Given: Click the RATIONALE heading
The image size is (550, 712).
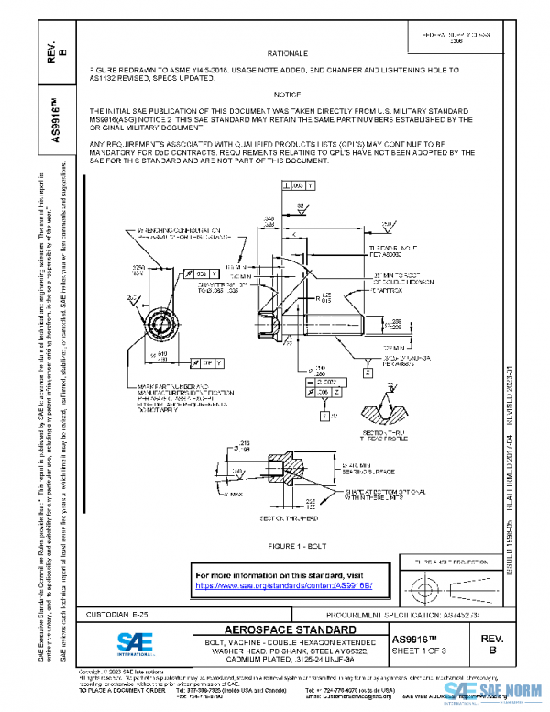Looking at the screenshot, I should coord(287,55).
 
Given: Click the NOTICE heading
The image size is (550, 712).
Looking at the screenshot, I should coord(287,95).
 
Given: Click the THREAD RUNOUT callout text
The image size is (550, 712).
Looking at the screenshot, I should coord(396,251).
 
